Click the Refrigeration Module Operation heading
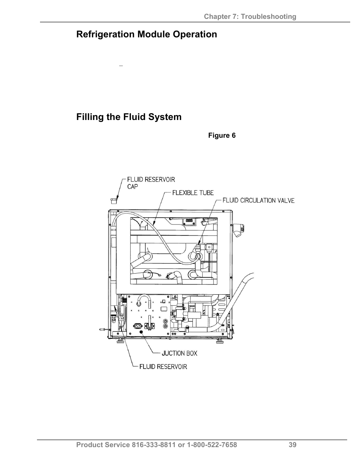click(146, 34)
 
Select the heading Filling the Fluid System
click(129, 117)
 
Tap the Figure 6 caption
click(222, 135)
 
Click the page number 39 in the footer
click(292, 445)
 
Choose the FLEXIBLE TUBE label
click(193, 193)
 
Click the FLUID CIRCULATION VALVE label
click(258, 200)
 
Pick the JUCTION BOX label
click(179, 354)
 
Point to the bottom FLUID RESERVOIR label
click(163, 366)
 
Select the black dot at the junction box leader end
click(142, 332)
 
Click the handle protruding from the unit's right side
click(239, 229)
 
